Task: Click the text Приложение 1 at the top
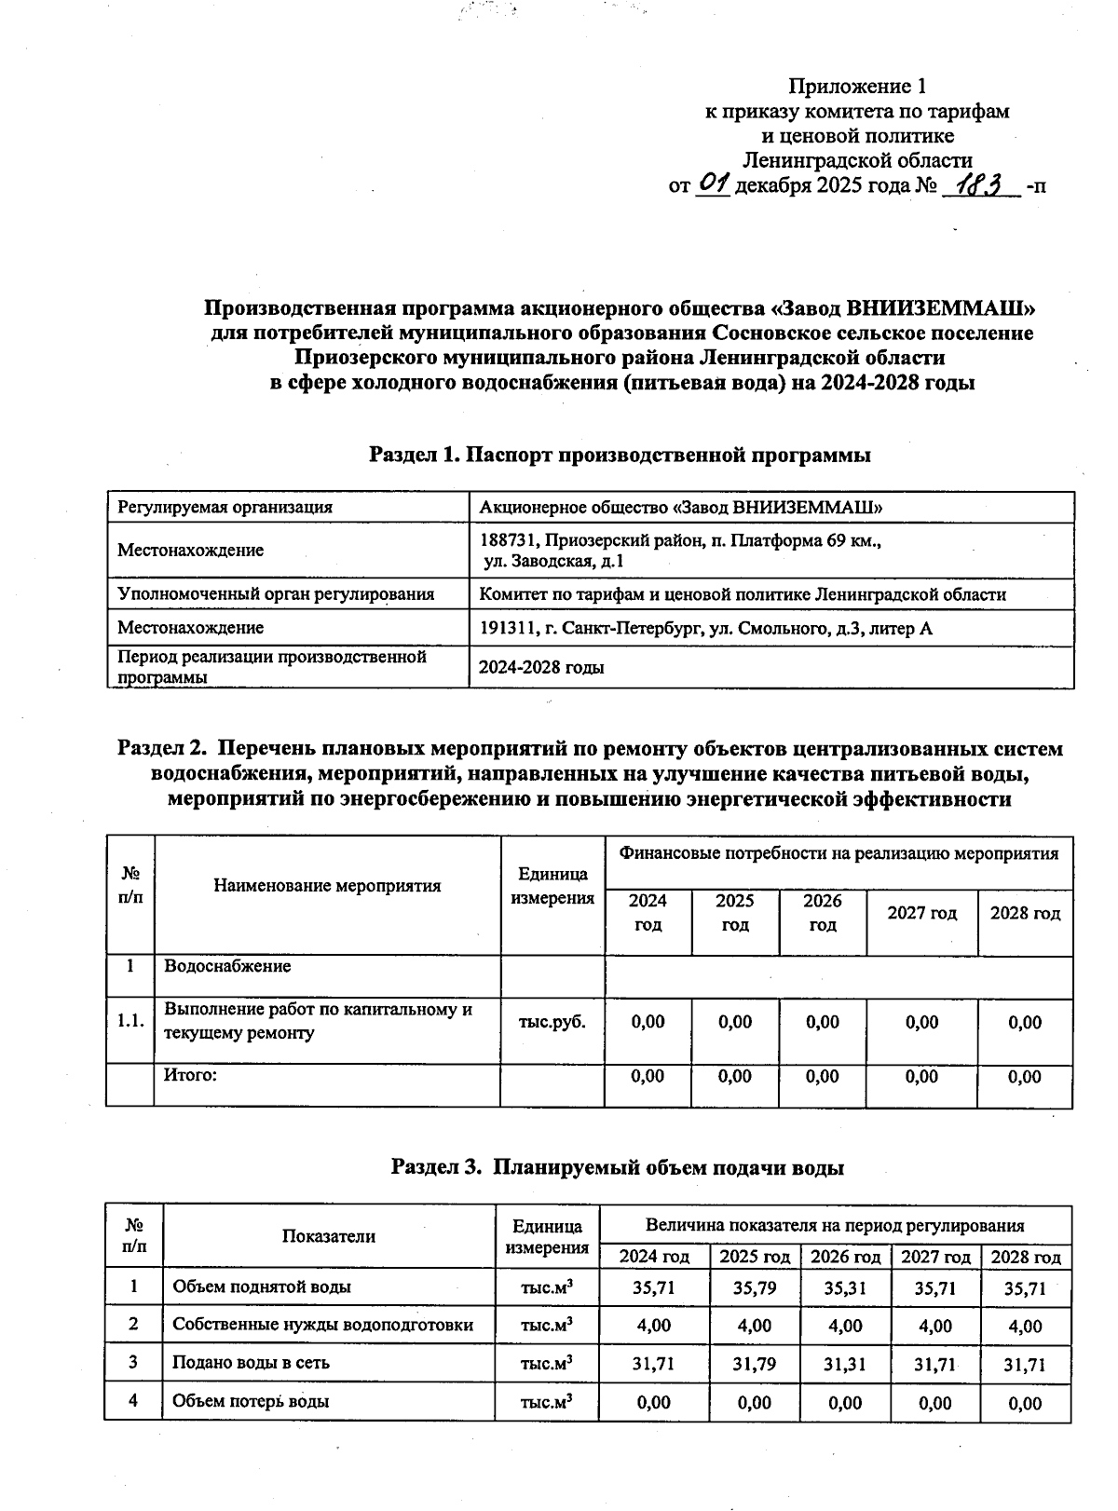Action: (x=857, y=87)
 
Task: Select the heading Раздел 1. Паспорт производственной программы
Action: (x=620, y=456)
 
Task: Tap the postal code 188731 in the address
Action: (x=506, y=540)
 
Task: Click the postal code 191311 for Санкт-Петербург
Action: (x=506, y=629)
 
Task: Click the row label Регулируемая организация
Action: (x=225, y=508)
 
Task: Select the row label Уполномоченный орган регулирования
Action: (x=275, y=594)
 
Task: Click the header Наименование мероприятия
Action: (x=327, y=886)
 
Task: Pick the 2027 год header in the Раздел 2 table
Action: (x=921, y=913)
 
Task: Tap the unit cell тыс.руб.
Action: (x=552, y=1022)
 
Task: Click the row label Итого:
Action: (x=190, y=1076)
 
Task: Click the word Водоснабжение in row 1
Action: (x=227, y=966)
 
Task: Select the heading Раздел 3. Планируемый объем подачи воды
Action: (x=618, y=1167)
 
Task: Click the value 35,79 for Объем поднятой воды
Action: (x=754, y=1288)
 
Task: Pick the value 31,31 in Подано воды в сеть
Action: (x=844, y=1365)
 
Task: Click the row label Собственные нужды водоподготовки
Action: (x=322, y=1325)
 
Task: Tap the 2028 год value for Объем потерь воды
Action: (x=1025, y=1404)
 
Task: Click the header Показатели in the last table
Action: (x=329, y=1236)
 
